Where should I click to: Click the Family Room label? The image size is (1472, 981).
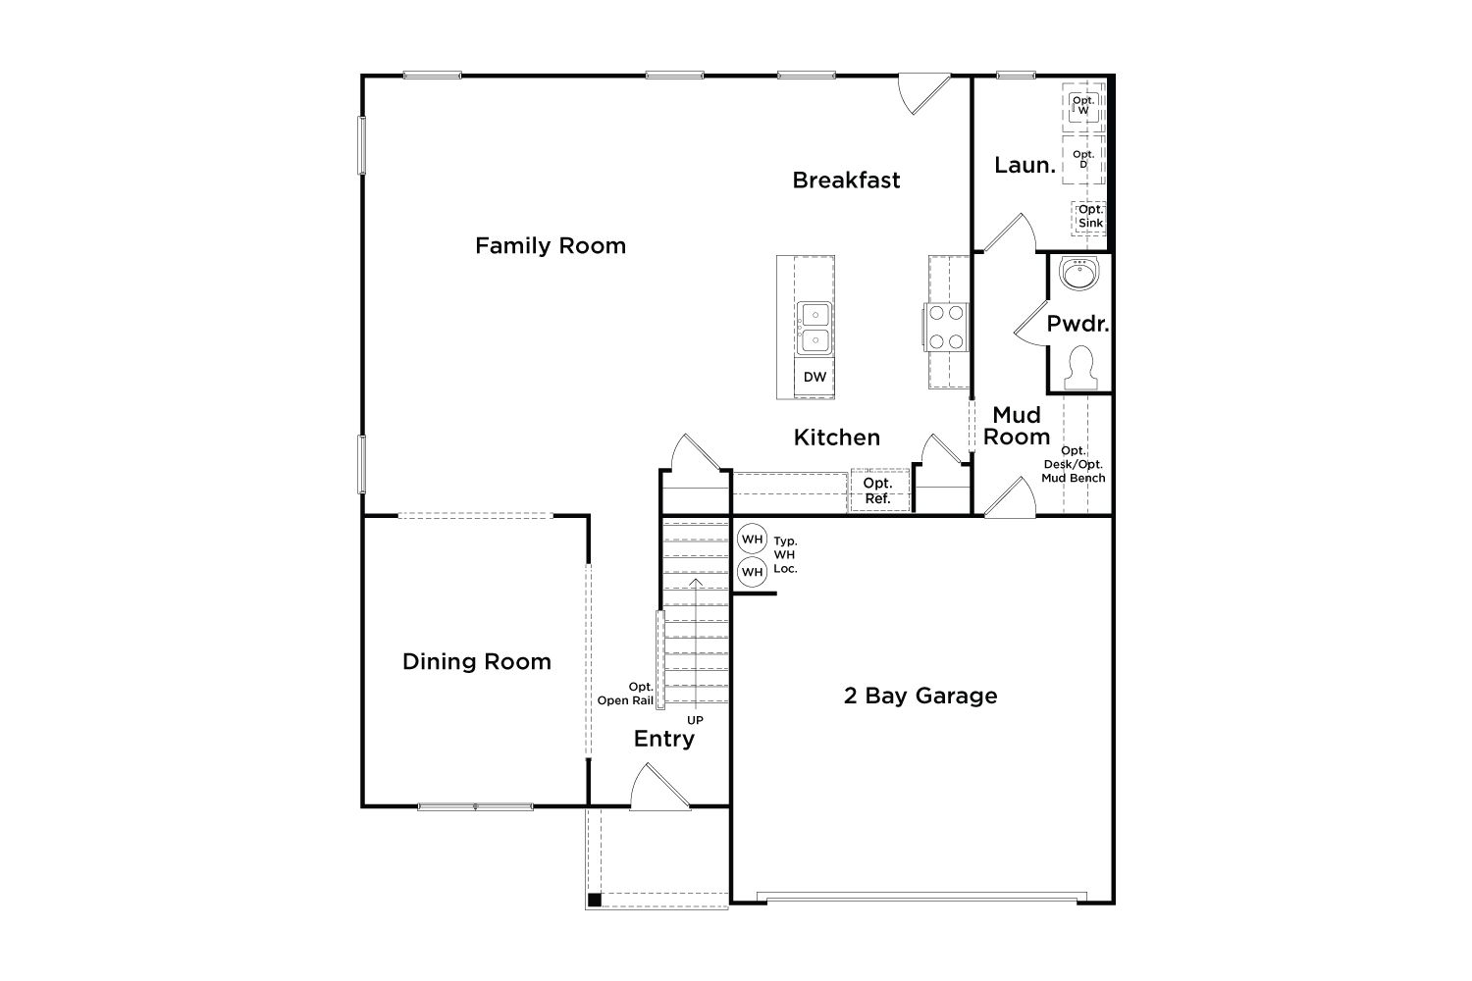551,246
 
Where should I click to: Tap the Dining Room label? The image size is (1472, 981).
477,661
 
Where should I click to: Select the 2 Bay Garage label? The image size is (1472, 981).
920,696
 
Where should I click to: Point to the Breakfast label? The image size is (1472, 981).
846,181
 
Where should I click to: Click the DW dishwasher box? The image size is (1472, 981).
815,377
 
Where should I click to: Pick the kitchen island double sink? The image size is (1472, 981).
815,328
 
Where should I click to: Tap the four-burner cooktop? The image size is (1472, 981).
946,327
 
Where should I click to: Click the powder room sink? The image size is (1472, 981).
1078,274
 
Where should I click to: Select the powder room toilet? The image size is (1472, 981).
1080,368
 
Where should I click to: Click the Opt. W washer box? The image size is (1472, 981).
1083,106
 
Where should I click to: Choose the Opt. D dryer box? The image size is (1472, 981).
1083,160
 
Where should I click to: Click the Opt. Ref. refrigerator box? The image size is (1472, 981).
879,490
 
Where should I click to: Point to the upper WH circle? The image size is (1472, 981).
753,540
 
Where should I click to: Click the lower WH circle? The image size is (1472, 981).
753,572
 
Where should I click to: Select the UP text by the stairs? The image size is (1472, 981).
695,720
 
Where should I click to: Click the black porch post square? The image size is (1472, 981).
594,901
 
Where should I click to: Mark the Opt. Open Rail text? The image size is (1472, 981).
626,694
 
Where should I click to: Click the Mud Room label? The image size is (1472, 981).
1017,426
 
